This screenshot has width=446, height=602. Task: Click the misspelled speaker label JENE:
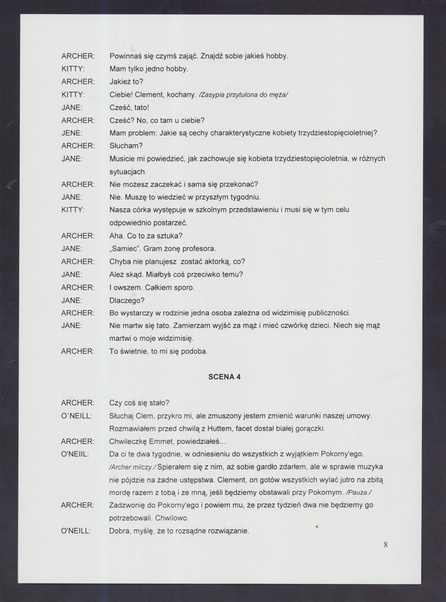tap(72, 133)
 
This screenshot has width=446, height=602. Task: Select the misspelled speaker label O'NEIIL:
tap(75, 454)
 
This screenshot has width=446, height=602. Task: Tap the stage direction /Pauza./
tap(359, 492)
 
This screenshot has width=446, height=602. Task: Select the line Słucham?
tap(126, 146)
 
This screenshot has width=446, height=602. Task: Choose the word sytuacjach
tap(128, 172)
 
